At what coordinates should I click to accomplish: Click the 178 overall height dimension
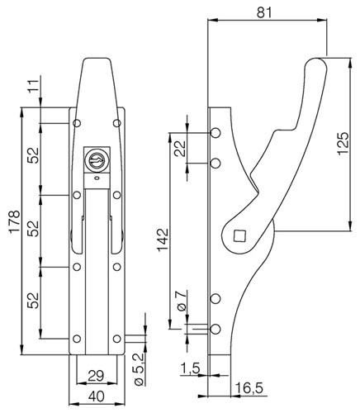[x=15, y=222]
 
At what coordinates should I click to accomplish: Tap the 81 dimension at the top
[x=264, y=12]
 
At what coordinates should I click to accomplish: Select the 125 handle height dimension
[x=343, y=144]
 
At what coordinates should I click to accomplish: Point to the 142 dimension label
[x=163, y=240]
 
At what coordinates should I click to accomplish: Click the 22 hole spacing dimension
[x=180, y=149]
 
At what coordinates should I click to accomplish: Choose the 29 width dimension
[x=96, y=376]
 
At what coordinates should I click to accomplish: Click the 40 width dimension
[x=97, y=396]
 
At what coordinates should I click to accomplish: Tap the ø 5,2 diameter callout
[x=140, y=369]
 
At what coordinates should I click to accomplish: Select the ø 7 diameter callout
[x=182, y=301]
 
